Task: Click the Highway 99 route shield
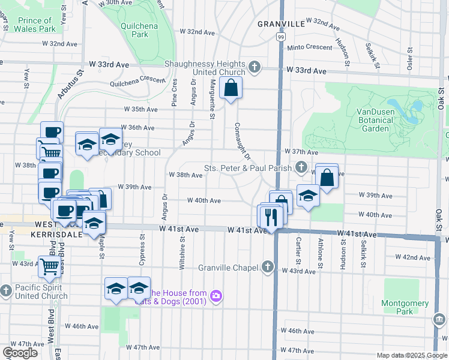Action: (x=280, y=37)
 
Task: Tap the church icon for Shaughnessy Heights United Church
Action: (x=255, y=67)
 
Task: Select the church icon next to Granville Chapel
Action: (x=268, y=266)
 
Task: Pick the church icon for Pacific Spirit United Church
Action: (x=5, y=291)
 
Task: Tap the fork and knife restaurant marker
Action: (x=271, y=216)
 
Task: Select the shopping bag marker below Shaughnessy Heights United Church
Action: (x=231, y=89)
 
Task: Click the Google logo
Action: (x=20, y=353)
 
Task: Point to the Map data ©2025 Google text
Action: (x=411, y=355)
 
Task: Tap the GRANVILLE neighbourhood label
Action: (x=281, y=24)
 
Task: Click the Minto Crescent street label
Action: (x=310, y=47)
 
